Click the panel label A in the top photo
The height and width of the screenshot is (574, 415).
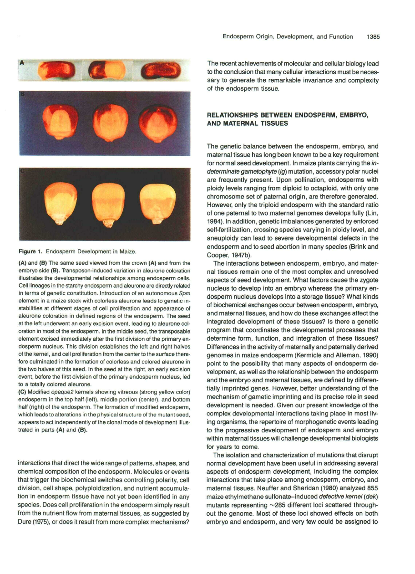coord(22,64)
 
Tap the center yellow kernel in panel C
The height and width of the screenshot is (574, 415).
coord(106,200)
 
